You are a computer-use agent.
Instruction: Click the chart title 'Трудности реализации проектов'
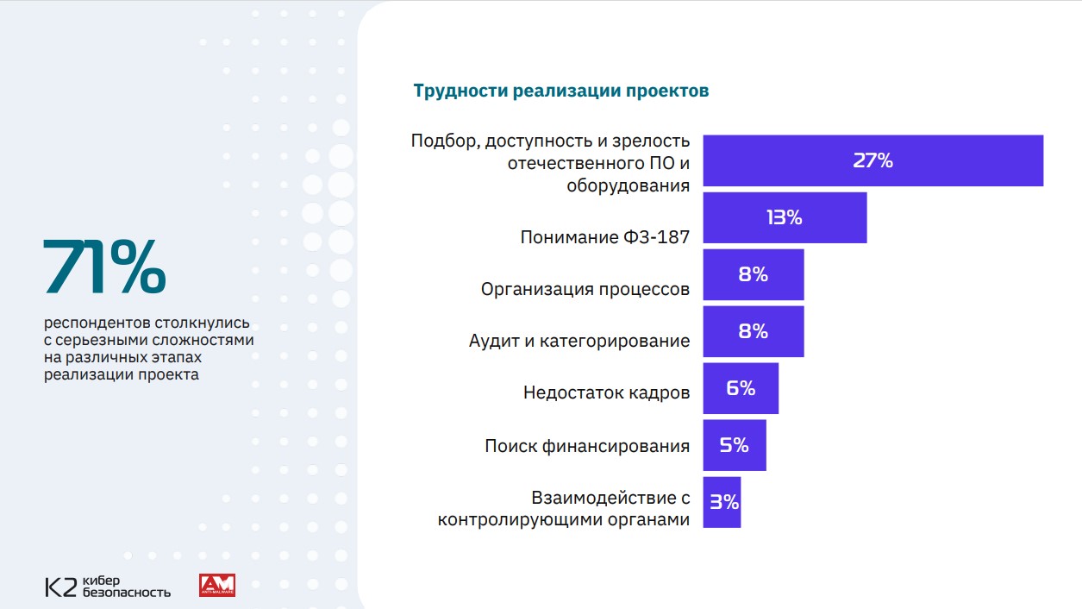point(560,91)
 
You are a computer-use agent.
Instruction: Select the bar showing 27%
point(872,160)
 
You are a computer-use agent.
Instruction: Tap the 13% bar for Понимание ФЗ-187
point(785,217)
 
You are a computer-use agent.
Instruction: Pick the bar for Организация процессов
point(753,274)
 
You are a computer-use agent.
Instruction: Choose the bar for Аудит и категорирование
point(753,331)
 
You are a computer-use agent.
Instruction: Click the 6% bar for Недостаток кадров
point(741,388)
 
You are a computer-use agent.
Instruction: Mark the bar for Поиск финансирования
point(734,445)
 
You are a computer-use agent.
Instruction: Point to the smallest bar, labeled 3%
point(722,501)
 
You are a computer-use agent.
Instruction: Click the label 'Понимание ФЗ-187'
point(604,236)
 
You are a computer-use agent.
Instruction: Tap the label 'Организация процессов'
point(585,289)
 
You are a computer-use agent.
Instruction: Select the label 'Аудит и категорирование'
point(579,341)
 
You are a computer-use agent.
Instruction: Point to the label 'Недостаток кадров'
point(606,392)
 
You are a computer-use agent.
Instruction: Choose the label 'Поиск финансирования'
point(586,446)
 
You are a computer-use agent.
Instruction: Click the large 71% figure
point(104,267)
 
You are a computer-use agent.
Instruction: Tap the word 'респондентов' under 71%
point(97,324)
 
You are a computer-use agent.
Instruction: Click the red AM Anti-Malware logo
point(216,586)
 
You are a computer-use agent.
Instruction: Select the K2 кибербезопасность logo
point(108,586)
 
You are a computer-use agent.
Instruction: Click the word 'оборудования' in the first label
point(628,185)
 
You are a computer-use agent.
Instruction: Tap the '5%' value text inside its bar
point(734,445)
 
